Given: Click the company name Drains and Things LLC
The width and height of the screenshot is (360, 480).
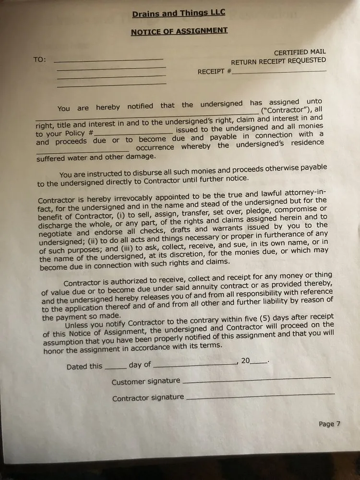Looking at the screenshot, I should coord(179,13).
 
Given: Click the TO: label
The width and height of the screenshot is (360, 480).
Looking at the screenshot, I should coord(40,60).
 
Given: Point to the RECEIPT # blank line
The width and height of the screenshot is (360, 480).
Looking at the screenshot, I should coord(278,72).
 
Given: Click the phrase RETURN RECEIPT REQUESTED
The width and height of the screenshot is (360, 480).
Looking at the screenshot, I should coord(278,61).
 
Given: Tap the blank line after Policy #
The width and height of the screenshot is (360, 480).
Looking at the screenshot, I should coord(133,132).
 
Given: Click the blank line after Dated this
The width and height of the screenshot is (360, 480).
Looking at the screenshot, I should coord(115,366).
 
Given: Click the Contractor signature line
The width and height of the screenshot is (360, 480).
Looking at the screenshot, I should coord(260,396).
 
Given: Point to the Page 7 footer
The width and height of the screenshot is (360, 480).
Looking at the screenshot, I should coord(329,424).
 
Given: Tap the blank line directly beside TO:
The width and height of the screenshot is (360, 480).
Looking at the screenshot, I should coord(108,60).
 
